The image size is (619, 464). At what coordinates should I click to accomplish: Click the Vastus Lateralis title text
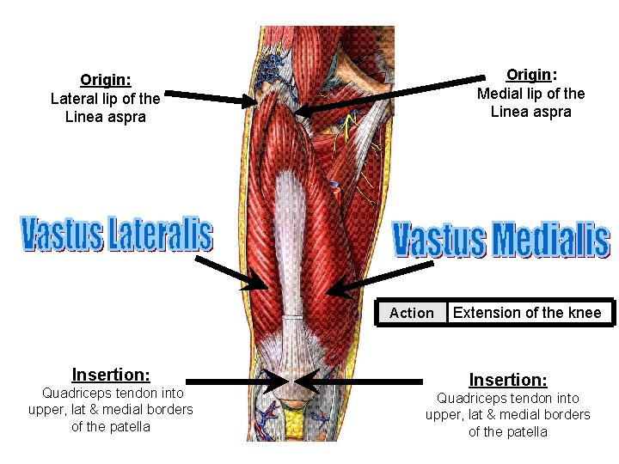[116, 234]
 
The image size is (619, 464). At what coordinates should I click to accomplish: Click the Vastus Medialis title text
[501, 240]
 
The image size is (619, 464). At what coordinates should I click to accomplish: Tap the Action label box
[412, 313]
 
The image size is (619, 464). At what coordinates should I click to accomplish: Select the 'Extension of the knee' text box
[527, 313]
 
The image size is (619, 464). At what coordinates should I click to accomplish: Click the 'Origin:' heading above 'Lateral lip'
[105, 81]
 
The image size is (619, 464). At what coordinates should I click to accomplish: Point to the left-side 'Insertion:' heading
[111, 375]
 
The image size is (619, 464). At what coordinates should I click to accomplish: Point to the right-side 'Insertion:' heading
[507, 380]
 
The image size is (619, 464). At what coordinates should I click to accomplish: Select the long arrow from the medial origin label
[387, 94]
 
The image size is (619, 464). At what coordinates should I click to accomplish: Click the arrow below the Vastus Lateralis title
[236, 272]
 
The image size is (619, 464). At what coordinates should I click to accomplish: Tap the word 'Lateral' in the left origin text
[74, 99]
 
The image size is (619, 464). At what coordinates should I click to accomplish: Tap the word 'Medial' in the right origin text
[499, 94]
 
